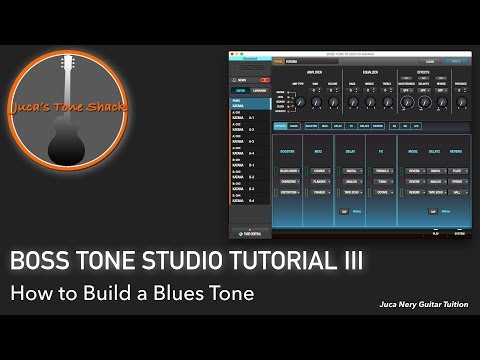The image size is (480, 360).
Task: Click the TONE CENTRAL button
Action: pos(250,232)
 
